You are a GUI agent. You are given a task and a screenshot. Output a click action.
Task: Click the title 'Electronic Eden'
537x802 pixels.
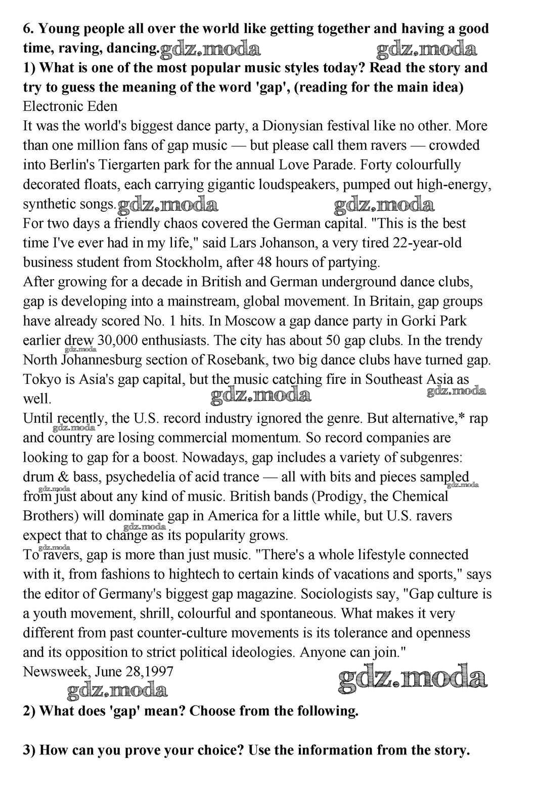(x=70, y=107)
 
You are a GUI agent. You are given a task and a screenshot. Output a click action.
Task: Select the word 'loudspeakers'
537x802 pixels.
(x=294, y=185)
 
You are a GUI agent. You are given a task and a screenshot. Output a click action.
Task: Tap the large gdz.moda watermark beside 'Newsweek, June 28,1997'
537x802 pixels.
(x=412, y=679)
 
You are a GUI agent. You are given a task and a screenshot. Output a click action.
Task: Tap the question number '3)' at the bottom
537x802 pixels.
(x=29, y=750)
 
